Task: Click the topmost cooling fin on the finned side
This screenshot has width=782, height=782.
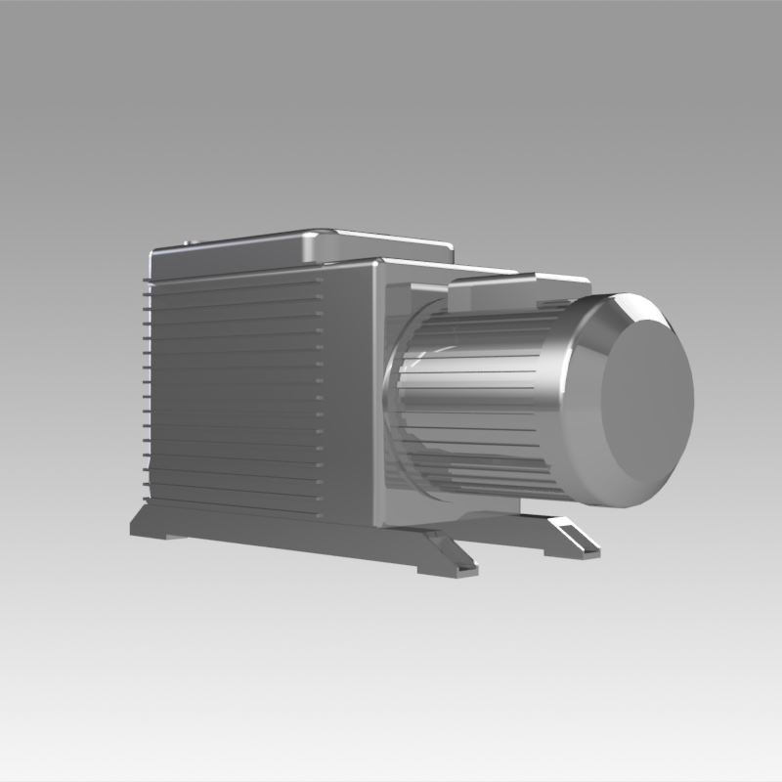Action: pyautogui.click(x=235, y=278)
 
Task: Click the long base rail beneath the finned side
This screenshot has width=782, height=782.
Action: pyautogui.click(x=274, y=533)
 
